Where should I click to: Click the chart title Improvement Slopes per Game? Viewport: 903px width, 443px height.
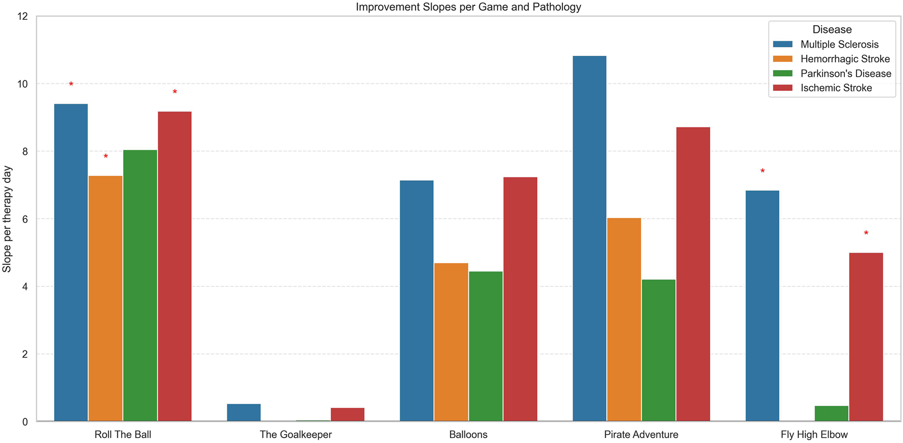[468, 7]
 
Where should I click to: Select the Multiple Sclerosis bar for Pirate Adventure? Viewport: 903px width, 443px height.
[589, 239]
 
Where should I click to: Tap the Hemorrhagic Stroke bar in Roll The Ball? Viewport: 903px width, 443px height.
[105, 298]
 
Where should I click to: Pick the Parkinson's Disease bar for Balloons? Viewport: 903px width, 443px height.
[486, 346]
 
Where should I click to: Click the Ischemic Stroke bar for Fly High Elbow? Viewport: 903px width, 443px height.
[866, 337]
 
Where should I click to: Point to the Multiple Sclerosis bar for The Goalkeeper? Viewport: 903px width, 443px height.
[244, 413]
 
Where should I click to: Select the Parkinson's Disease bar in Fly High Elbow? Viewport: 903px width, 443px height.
[831, 414]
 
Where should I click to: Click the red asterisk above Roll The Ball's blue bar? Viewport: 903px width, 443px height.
[71, 85]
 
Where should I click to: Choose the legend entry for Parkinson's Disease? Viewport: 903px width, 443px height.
[845, 73]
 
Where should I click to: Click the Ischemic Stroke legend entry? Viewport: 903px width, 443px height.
[836, 88]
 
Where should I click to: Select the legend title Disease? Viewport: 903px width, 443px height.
[832, 30]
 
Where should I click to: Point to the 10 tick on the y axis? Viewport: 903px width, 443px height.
[22, 84]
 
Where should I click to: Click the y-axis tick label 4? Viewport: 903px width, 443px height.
[25, 287]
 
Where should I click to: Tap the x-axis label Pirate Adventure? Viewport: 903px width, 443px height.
[641, 435]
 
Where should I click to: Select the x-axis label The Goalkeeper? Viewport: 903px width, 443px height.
[296, 435]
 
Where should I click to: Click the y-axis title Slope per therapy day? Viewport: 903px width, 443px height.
[7, 219]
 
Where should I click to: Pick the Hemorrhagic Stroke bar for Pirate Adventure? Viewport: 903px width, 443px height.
[624, 320]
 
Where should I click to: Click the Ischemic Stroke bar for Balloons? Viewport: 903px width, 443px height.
[520, 300]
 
